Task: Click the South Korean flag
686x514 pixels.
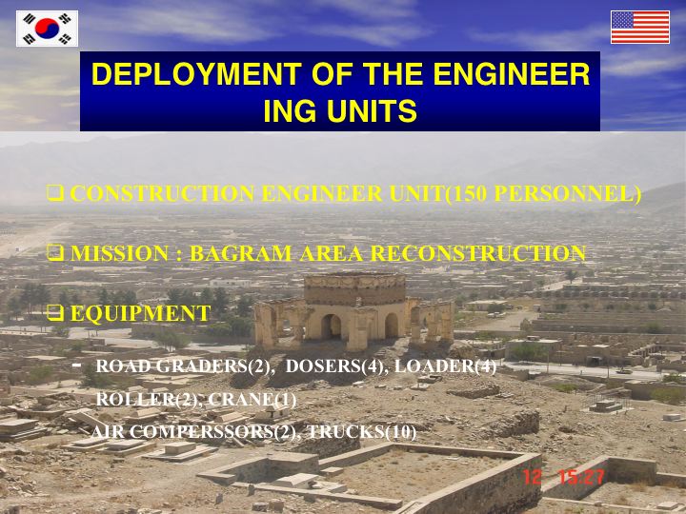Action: pyautogui.click(x=48, y=29)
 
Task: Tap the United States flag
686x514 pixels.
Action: pyautogui.click(x=640, y=27)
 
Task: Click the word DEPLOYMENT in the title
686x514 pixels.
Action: pyautogui.click(x=196, y=74)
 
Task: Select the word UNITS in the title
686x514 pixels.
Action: pyautogui.click(x=372, y=110)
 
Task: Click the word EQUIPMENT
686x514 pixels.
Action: pyautogui.click(x=140, y=313)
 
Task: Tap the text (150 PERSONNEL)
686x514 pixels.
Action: pyautogui.click(x=543, y=193)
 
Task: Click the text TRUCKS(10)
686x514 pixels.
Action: pyautogui.click(x=362, y=432)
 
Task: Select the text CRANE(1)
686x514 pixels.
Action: pyautogui.click(x=252, y=399)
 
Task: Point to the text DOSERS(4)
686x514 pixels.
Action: pyautogui.click(x=336, y=366)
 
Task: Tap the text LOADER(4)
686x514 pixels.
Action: pyautogui.click(x=445, y=366)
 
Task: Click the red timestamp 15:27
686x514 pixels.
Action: pyautogui.click(x=582, y=477)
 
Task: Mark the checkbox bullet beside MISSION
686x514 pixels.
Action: pyautogui.click(x=55, y=253)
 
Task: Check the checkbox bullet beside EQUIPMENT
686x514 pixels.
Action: pyautogui.click(x=55, y=313)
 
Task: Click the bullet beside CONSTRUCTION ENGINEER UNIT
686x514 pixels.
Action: pyautogui.click(x=55, y=192)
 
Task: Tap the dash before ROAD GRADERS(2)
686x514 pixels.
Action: pyautogui.click(x=78, y=364)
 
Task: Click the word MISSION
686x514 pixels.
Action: pyautogui.click(x=119, y=253)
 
